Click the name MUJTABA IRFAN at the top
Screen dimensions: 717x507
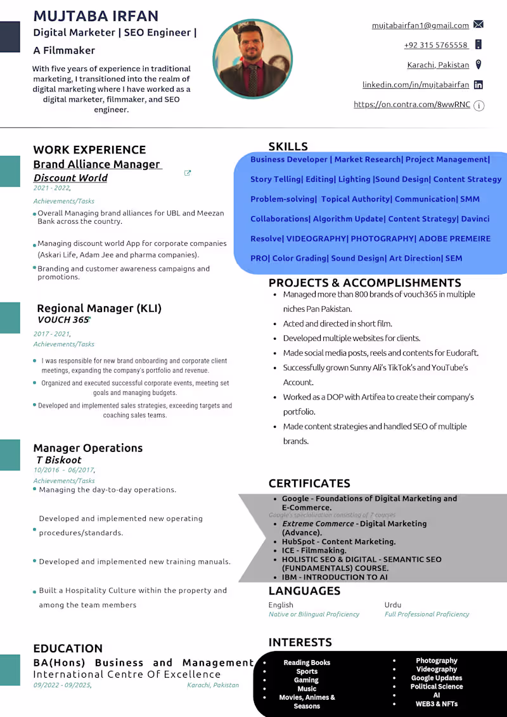96,16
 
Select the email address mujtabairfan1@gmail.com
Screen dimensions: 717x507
420,25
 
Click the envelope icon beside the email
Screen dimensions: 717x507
478,25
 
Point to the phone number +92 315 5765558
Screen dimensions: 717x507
436,45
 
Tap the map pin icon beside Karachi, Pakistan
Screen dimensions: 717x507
478,65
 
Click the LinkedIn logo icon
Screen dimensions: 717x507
478,84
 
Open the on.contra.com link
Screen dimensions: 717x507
412,105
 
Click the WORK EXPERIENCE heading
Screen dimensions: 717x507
89,150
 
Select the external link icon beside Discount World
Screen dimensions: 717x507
188,173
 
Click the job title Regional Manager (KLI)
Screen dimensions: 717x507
99,309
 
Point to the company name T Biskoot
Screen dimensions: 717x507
59,460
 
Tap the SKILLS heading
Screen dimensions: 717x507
288,146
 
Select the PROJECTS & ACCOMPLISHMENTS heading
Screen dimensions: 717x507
364,283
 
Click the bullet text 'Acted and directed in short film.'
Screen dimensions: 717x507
337,323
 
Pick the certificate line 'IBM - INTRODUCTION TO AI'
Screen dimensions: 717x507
335,577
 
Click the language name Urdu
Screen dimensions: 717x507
393,605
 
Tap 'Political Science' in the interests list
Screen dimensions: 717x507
437,687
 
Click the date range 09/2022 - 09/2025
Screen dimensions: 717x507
62,685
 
